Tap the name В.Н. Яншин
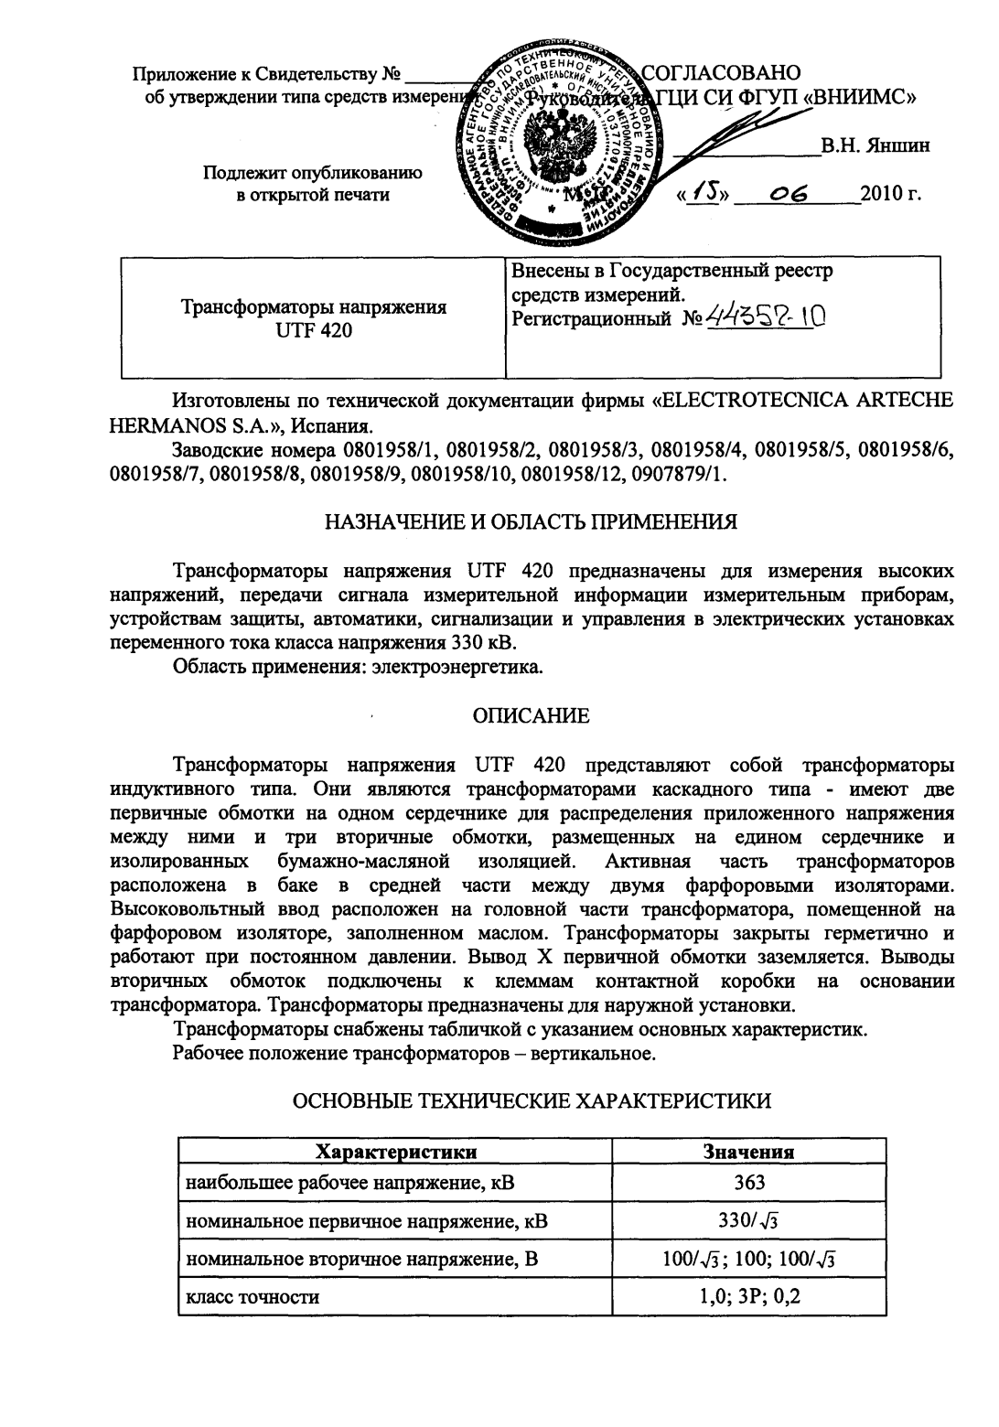tap(875, 145)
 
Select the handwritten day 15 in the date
tap(703, 194)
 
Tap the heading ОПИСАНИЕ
tap(531, 716)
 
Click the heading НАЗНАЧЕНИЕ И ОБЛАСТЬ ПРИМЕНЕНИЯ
tap(532, 524)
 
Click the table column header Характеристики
tap(395, 1151)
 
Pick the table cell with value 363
tap(749, 1183)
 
